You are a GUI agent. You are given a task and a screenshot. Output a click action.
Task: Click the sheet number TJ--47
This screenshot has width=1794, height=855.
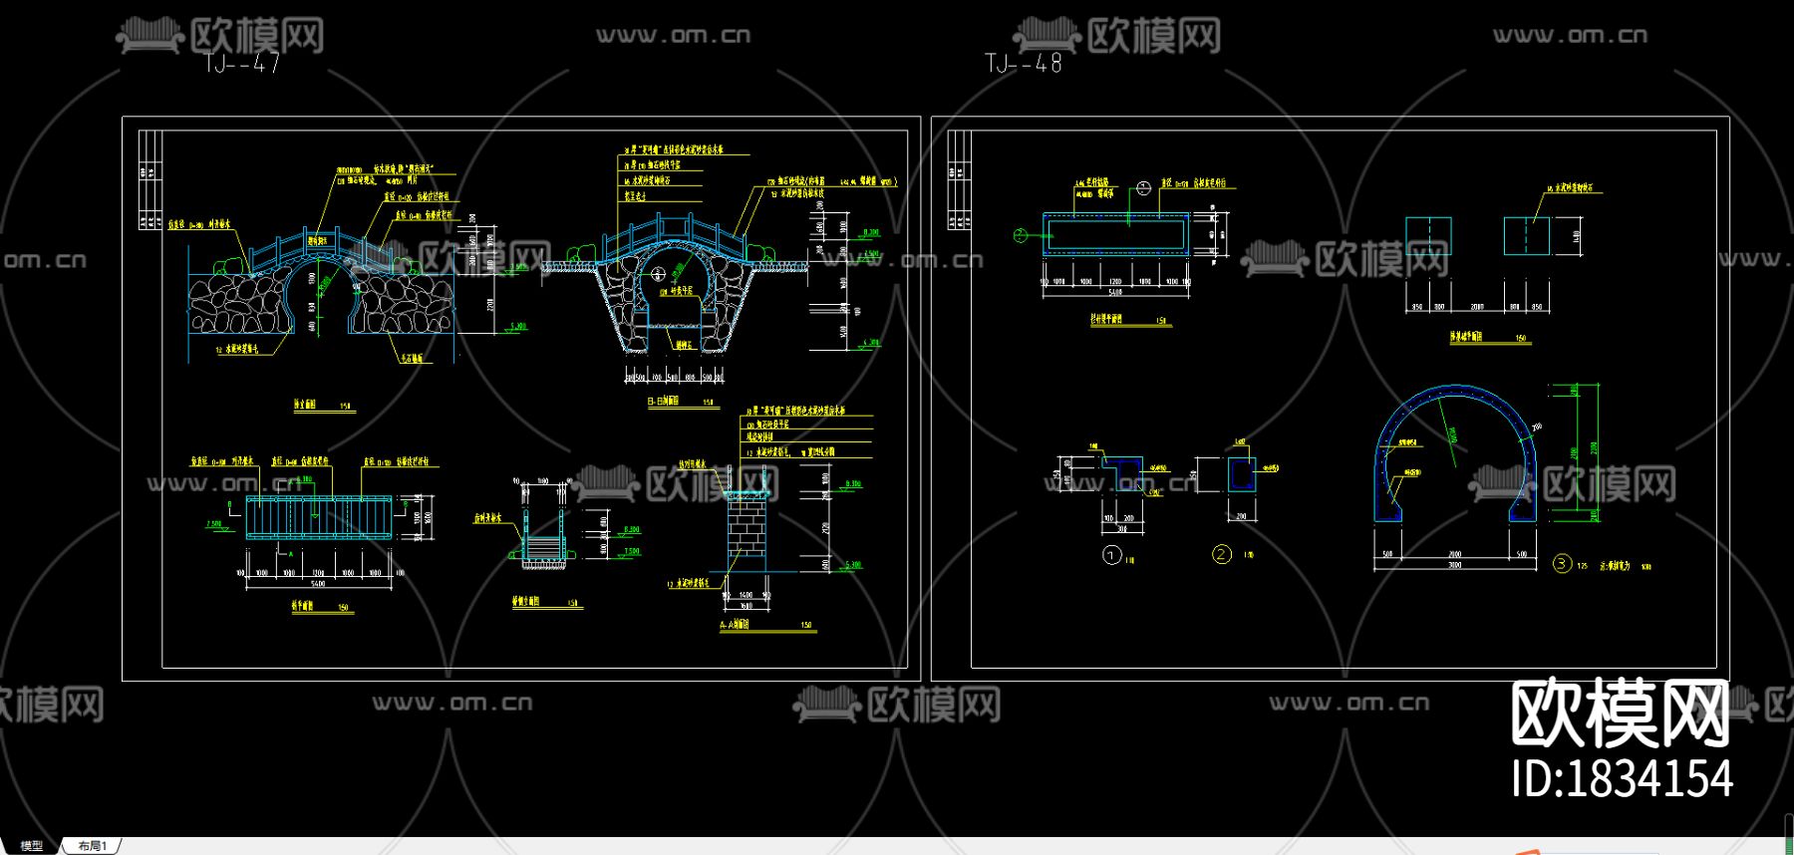click(x=242, y=63)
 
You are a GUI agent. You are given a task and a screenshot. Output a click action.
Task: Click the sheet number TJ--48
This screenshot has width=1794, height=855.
click(x=1024, y=63)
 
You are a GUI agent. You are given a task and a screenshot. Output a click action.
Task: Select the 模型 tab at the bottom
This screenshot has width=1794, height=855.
click(x=32, y=846)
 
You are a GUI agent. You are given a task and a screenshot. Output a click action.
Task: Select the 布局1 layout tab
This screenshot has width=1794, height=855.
click(x=92, y=846)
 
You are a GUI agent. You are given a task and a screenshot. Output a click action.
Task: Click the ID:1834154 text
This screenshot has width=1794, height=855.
click(x=1622, y=779)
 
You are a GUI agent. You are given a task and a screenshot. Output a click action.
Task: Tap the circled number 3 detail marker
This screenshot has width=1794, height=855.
click(x=1562, y=564)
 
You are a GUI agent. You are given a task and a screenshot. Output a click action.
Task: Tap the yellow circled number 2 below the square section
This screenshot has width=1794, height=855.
click(x=1222, y=555)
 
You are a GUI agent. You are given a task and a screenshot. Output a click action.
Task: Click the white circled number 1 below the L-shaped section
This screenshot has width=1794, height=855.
click(x=1112, y=555)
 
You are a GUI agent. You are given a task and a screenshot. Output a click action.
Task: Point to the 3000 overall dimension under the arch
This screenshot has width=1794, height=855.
click(x=1454, y=565)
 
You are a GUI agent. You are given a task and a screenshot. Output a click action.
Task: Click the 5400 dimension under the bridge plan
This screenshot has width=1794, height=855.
click(x=318, y=584)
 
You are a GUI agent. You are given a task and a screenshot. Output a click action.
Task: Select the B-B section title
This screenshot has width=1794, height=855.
click(x=663, y=402)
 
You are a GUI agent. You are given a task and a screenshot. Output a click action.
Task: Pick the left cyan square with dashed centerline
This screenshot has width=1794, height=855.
click(x=1428, y=236)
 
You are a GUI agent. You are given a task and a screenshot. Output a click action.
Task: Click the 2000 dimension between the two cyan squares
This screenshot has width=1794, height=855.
click(x=1477, y=307)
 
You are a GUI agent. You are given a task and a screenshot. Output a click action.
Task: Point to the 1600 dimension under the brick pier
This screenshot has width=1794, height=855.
click(x=746, y=605)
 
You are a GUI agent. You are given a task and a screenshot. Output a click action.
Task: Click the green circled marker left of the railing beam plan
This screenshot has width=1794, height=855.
click(x=1020, y=235)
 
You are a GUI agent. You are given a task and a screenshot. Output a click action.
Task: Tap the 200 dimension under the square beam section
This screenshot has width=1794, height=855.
click(x=1241, y=516)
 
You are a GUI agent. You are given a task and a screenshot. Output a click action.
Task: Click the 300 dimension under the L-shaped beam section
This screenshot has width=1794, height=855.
click(x=1121, y=529)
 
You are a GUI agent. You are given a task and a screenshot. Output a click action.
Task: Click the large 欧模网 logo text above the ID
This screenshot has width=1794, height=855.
click(x=1621, y=714)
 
